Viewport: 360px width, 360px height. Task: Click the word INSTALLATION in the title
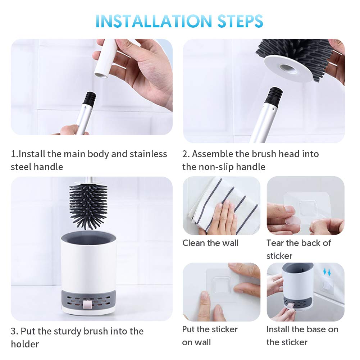154,21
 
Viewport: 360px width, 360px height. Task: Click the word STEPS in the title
240,21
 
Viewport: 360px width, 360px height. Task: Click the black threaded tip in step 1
90,99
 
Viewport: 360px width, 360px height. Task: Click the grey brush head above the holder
88,205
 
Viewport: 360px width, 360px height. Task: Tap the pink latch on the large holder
87,305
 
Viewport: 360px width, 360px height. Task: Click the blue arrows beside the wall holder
327,272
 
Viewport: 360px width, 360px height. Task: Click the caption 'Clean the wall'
210,243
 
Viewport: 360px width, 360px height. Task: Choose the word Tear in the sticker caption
275,243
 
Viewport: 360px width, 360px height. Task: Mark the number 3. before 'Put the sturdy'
14,331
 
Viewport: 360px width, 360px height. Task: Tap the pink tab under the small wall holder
290,306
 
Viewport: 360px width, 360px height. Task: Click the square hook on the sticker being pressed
221,285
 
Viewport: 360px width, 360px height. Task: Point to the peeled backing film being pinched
292,221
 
